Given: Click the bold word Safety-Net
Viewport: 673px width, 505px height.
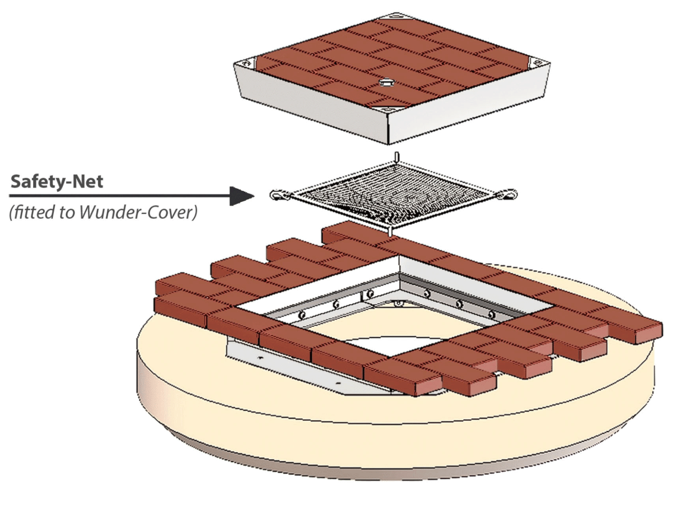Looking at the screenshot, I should coord(57,181).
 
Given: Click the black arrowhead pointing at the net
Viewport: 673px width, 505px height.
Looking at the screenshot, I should coord(241,196).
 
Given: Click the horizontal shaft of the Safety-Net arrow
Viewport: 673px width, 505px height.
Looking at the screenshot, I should coord(118,196).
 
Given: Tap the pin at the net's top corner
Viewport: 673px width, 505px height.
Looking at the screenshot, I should coord(397,157).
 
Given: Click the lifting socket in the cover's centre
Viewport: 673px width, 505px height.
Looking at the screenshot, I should coord(385,82).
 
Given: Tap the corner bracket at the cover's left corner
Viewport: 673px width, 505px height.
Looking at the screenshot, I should coord(247,63).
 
